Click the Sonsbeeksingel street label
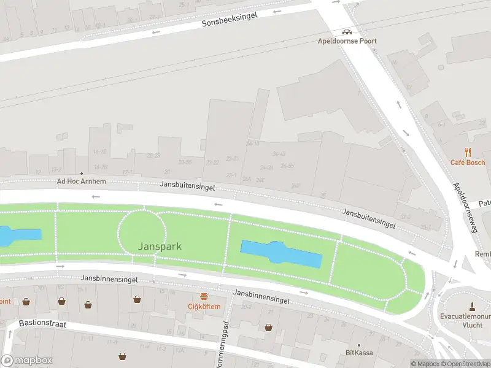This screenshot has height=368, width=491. pyautogui.click(x=230, y=19)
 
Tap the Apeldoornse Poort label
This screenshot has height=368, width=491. pyautogui.click(x=347, y=41)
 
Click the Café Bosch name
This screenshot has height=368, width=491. pyautogui.click(x=468, y=163)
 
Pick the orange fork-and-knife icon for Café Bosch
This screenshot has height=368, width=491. pyautogui.click(x=468, y=153)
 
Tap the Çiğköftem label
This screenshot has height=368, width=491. pyautogui.click(x=204, y=306)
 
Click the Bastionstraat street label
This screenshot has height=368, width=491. pyautogui.click(x=41, y=323)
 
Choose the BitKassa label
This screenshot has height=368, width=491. pyautogui.click(x=359, y=353)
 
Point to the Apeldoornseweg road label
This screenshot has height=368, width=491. pyautogui.click(x=465, y=207)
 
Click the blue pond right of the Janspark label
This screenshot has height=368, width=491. pyautogui.click(x=280, y=253)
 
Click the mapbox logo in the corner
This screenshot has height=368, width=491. pyautogui.click(x=27, y=361)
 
